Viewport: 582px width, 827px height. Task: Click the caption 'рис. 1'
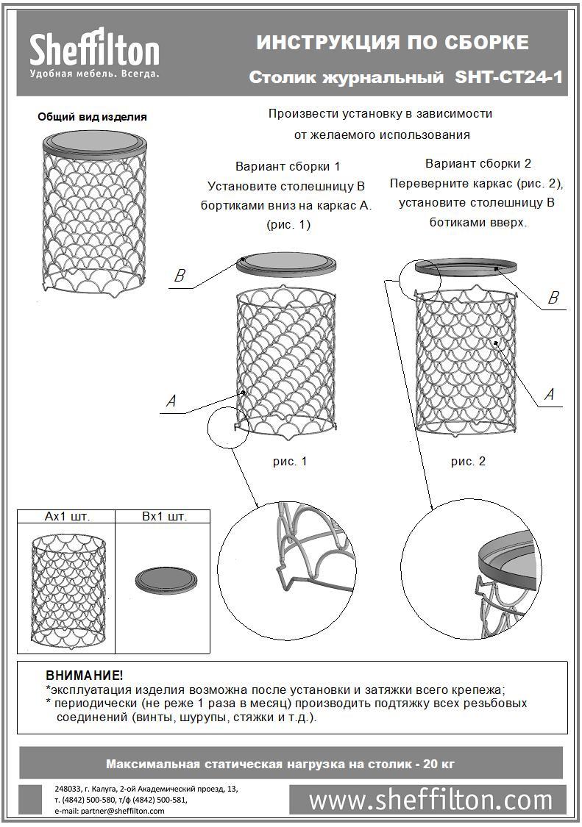click(x=289, y=462)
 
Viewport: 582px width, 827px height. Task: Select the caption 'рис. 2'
click(x=468, y=462)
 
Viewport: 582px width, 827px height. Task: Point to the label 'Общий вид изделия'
click(x=92, y=116)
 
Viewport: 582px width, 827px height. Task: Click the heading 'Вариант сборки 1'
click(x=288, y=166)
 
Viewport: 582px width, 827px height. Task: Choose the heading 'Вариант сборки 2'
click(x=478, y=163)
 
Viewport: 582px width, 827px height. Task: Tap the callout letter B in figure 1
click(x=178, y=276)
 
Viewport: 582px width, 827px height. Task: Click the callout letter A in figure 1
click(x=171, y=401)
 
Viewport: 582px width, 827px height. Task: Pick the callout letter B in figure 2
click(x=553, y=298)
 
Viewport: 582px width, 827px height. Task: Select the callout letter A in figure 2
click(x=549, y=395)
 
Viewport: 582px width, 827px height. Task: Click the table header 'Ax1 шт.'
click(x=67, y=517)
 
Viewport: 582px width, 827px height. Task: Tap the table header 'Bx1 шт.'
click(x=164, y=517)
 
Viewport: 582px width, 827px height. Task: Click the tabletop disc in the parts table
click(x=166, y=580)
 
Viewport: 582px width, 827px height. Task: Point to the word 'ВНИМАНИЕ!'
click(x=85, y=675)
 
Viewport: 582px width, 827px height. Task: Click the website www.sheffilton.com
click(x=430, y=799)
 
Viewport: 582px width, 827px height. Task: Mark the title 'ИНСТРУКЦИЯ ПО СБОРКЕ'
click(x=392, y=43)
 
